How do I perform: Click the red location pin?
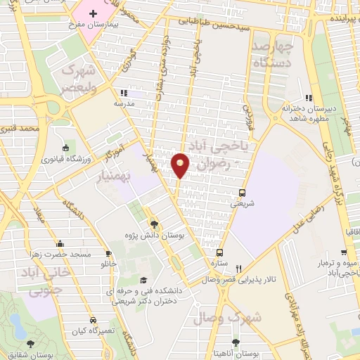(x=181, y=165)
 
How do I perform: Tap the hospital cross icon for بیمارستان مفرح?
(x=93, y=13)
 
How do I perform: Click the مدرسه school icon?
(x=123, y=92)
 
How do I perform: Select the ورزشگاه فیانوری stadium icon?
(x=65, y=148)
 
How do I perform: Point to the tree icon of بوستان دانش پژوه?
(x=155, y=224)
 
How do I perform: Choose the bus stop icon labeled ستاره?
(x=220, y=252)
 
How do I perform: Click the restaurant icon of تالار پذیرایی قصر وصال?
(x=239, y=268)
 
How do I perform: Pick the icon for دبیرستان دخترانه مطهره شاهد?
(x=307, y=98)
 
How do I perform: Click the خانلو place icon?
(x=109, y=253)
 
